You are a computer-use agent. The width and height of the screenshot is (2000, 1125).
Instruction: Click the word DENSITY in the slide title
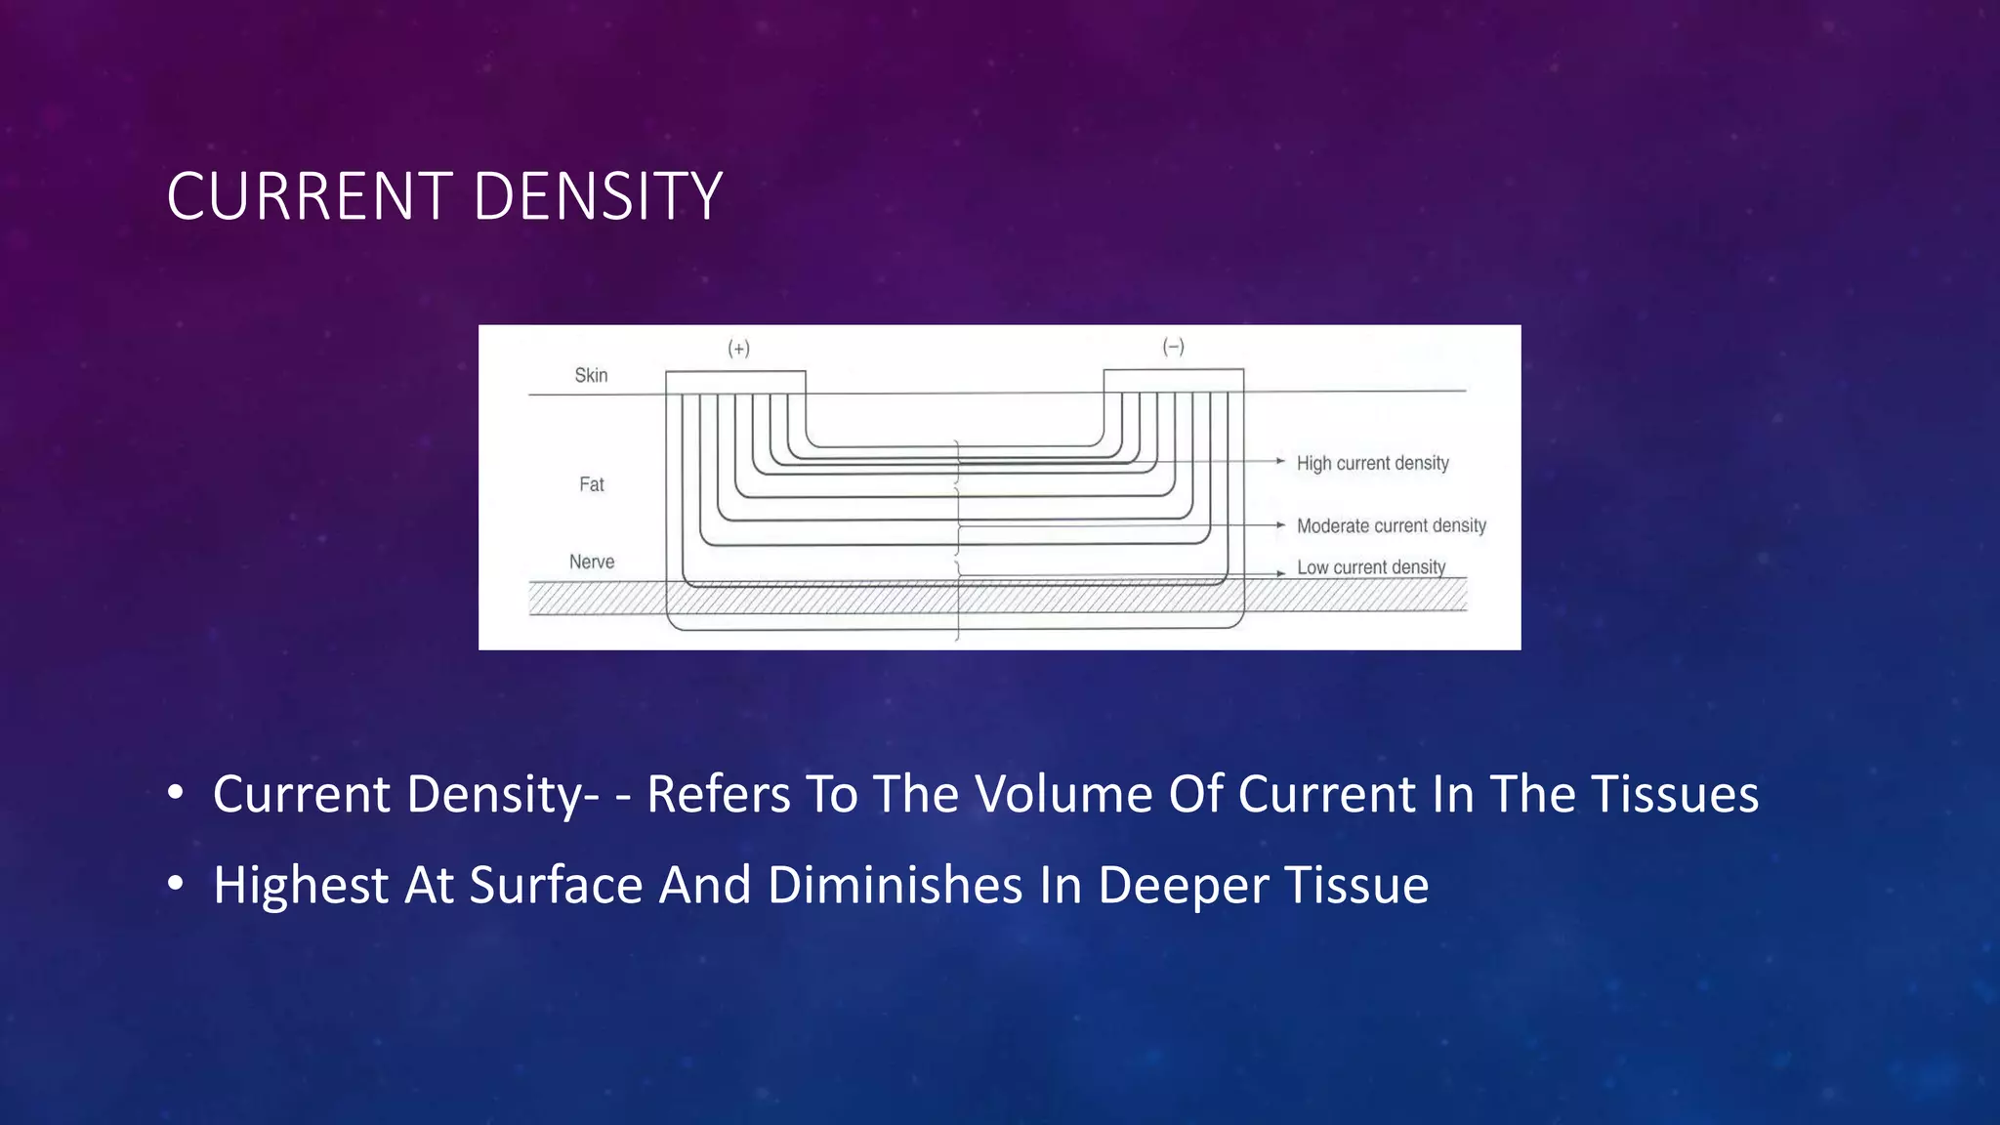click(x=598, y=196)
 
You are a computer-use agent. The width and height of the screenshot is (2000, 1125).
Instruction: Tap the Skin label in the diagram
click(x=591, y=375)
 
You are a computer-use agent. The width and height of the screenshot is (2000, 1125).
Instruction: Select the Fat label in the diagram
click(x=592, y=484)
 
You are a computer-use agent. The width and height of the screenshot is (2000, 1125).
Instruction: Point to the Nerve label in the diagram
click(x=592, y=562)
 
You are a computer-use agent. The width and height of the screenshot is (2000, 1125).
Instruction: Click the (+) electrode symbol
click(x=738, y=349)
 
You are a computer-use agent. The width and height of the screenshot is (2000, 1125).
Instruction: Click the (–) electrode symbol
click(x=1173, y=347)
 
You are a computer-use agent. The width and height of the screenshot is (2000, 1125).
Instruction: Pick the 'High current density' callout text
click(x=1372, y=463)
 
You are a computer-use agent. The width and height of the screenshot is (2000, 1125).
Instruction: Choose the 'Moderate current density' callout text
click(x=1391, y=525)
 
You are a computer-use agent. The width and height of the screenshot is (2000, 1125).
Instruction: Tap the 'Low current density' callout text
click(x=1370, y=567)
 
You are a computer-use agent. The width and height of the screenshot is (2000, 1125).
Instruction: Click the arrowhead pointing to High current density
click(x=1280, y=461)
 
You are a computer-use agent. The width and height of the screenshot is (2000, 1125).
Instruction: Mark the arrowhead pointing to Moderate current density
click(x=1280, y=525)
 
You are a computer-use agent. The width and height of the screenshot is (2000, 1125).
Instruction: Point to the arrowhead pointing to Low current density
click(x=1280, y=573)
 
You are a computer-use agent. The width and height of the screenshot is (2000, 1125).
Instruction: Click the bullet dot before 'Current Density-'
click(x=175, y=793)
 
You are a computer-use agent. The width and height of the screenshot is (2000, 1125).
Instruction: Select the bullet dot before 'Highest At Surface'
click(x=175, y=884)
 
